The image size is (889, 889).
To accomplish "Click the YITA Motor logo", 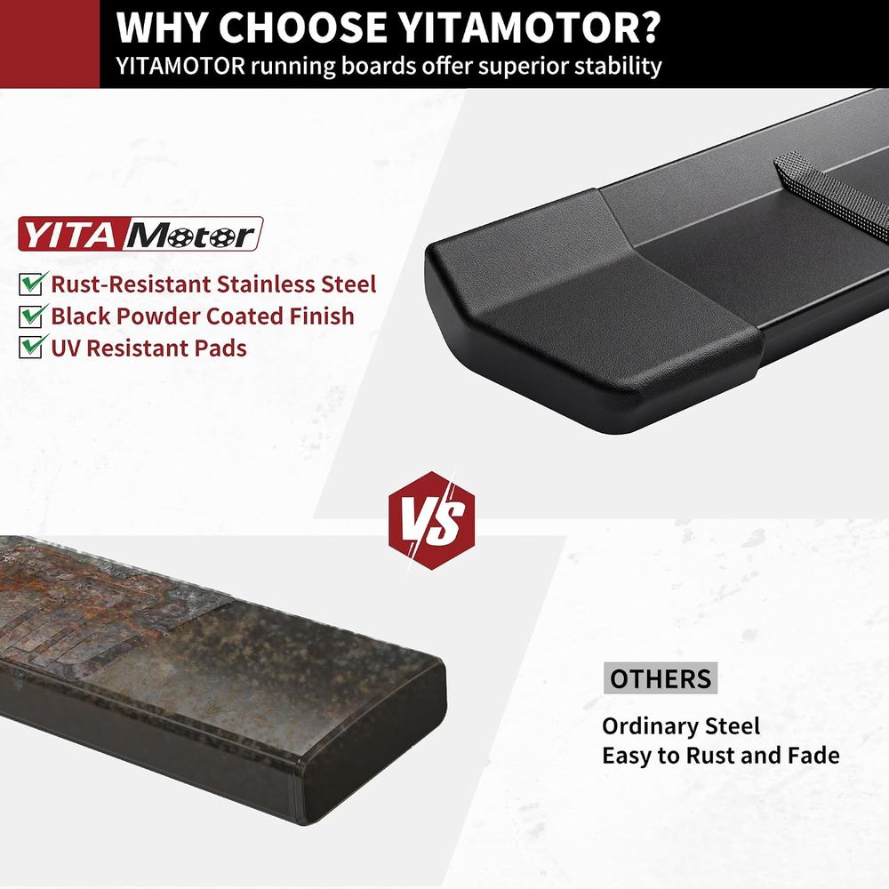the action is coord(140,234).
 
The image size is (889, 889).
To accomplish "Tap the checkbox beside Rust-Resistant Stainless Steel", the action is coord(32,283).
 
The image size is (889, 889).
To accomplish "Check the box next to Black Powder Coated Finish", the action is coord(32,316).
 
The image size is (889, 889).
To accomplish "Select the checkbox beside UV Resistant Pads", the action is coord(32,347).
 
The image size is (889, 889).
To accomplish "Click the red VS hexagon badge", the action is coord(431,520).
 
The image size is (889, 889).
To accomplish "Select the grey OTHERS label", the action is coord(661,678).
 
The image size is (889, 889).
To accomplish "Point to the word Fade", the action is coord(813,755).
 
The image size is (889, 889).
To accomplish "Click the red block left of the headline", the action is coord(50,44).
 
